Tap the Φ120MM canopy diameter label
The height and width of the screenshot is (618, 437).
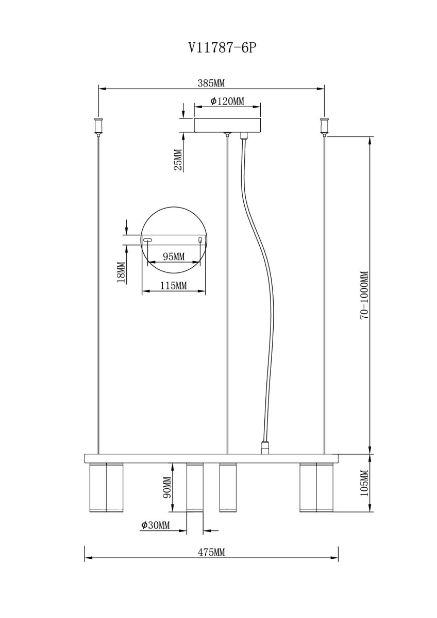tap(227, 101)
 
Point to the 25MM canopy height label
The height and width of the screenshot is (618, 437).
tap(178, 160)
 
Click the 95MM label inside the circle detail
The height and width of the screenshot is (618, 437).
tap(173, 256)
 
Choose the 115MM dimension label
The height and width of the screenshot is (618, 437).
tap(173, 286)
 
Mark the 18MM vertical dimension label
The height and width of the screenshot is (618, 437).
tap(122, 272)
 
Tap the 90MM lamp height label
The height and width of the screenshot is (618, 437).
tap(166, 487)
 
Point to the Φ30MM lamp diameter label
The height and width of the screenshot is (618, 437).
tap(155, 525)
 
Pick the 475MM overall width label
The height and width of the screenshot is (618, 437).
tap(211, 553)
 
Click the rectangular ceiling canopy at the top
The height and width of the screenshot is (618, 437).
tap(227, 125)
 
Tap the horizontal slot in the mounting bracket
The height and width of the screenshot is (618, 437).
tap(148, 240)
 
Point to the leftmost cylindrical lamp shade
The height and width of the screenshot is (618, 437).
tap(106, 487)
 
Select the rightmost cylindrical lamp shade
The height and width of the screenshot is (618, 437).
tap(316, 487)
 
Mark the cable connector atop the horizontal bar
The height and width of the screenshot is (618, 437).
tap(264, 447)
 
